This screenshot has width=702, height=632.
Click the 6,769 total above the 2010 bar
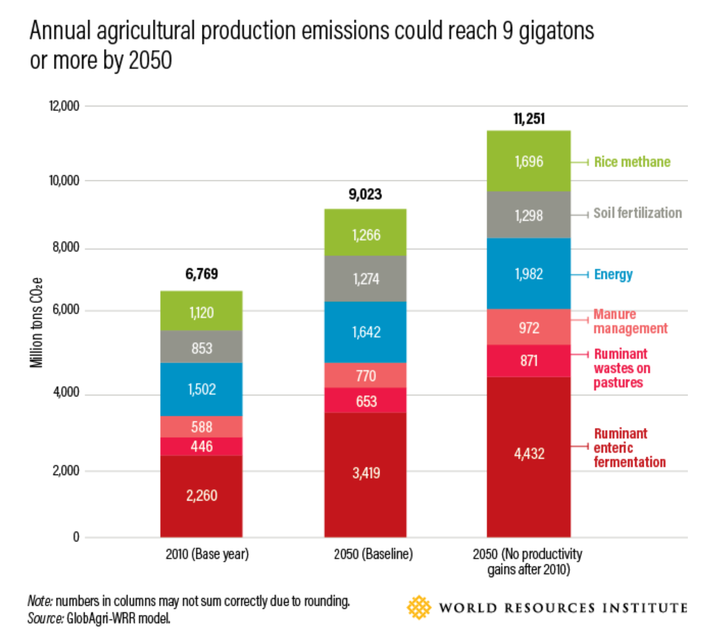tap(201, 274)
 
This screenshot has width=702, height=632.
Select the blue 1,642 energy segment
tap(365, 332)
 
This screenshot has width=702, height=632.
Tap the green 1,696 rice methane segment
tap(528, 161)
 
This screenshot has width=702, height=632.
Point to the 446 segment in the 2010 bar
tap(201, 446)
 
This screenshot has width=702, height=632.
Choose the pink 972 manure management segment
tap(528, 328)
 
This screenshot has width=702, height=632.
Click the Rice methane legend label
tap(632, 162)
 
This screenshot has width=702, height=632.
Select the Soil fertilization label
tap(637, 213)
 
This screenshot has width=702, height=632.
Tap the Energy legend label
tap(613, 274)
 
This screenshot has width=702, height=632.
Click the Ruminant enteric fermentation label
tap(629, 448)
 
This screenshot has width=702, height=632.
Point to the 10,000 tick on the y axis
tap(64, 181)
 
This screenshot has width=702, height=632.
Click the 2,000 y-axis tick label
tap(66, 471)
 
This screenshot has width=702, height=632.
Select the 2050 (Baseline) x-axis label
tap(373, 554)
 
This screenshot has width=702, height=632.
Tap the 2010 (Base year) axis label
tap(207, 554)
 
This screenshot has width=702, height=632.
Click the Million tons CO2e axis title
tap(36, 322)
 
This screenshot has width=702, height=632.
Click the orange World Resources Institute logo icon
tap(419, 607)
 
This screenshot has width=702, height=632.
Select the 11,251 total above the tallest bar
tap(529, 119)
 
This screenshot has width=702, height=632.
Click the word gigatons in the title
tap(556, 31)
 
